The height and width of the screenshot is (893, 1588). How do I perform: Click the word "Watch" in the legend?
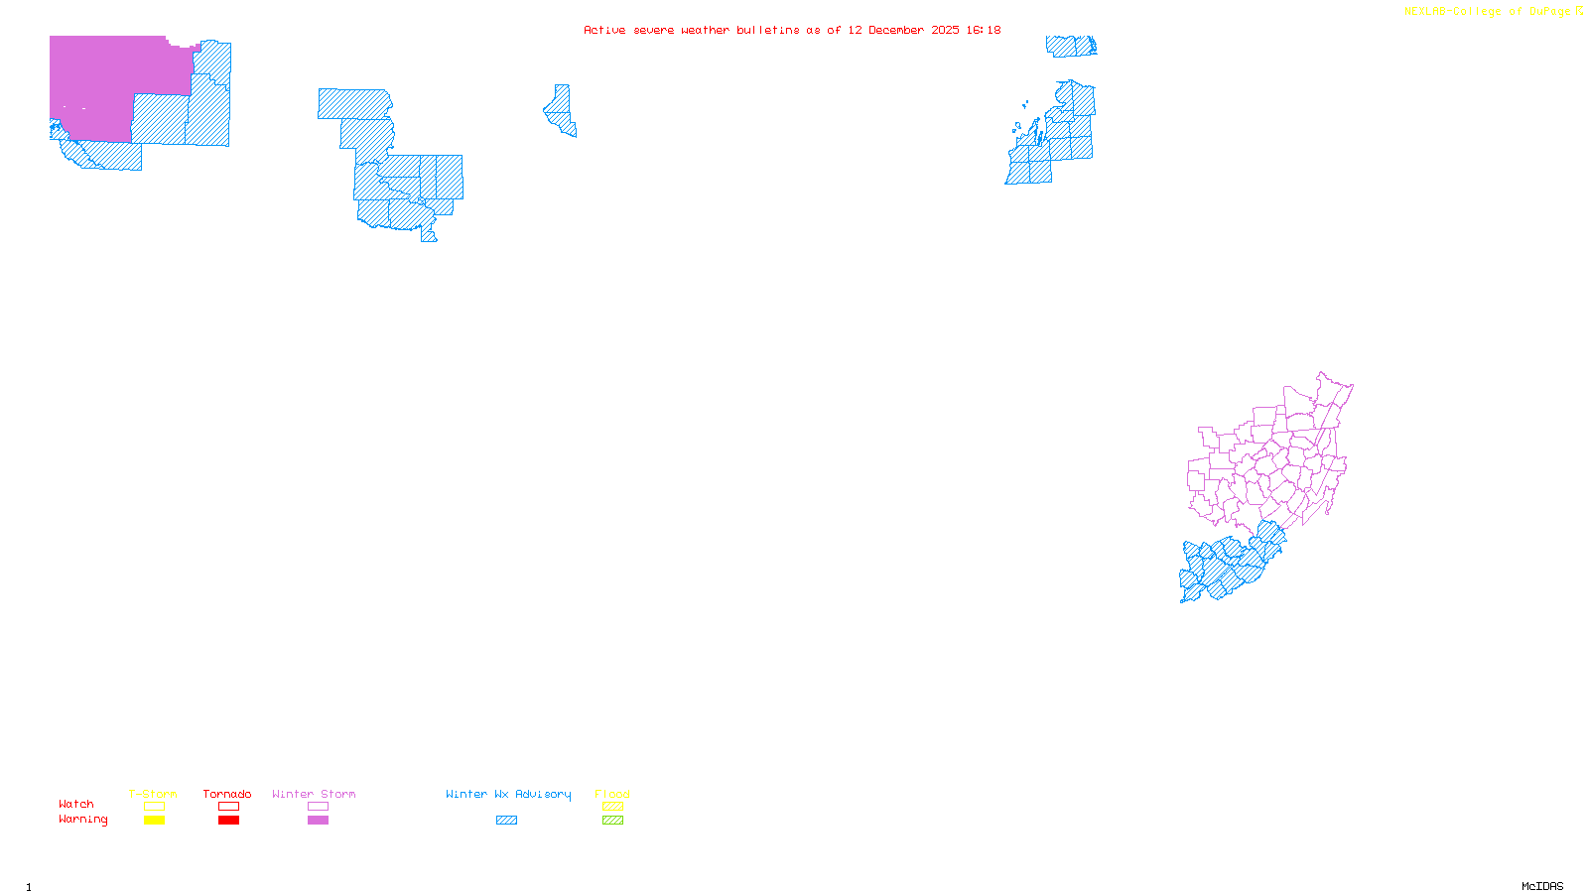click(76, 804)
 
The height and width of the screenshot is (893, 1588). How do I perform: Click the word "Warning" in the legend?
click(83, 820)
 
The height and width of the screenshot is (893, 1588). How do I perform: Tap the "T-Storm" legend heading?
click(153, 794)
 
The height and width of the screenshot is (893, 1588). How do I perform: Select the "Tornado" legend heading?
click(227, 794)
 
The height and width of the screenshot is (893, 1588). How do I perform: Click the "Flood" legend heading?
click(612, 794)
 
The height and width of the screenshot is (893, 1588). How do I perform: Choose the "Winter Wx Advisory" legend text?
click(508, 794)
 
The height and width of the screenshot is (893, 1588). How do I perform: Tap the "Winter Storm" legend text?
click(314, 794)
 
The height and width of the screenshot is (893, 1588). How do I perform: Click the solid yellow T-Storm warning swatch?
click(154, 821)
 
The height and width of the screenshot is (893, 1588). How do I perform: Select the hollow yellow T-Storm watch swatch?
click(154, 807)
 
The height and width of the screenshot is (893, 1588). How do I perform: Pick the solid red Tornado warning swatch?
click(229, 821)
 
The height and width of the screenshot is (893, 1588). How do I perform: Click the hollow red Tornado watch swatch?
click(229, 807)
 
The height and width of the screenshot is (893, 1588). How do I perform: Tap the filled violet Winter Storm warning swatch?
click(318, 821)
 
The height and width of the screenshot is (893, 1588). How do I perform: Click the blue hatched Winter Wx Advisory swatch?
click(506, 821)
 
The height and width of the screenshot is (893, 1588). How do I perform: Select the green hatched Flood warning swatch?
click(613, 821)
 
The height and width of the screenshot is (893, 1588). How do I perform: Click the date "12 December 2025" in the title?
click(903, 30)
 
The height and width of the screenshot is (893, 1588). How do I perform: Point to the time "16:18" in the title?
click(984, 30)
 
